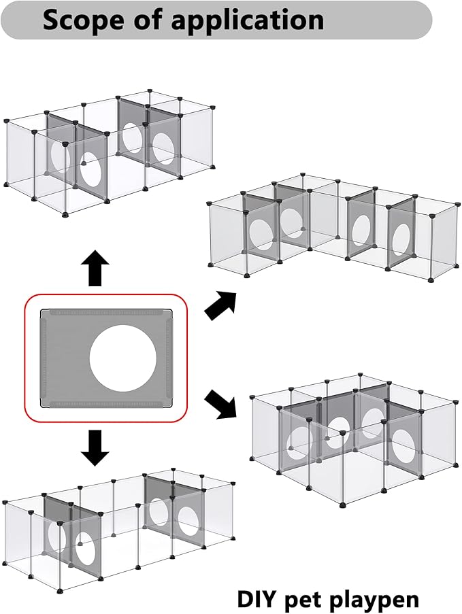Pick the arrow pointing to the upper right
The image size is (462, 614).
coord(220,304)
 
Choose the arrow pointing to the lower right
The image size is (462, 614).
coord(220,402)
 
